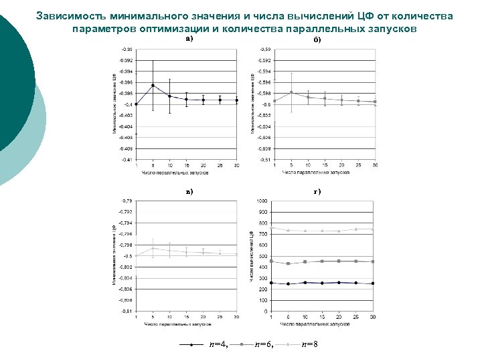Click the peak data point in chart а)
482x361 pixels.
click(153, 85)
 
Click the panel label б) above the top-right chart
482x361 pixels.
click(317, 40)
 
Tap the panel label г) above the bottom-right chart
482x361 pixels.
click(317, 191)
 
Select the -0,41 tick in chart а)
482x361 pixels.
click(126, 159)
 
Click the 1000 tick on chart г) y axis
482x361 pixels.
click(262, 201)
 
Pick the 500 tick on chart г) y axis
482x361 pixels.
click(263, 256)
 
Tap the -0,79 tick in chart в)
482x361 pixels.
click(126, 201)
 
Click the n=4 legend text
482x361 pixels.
click(218, 344)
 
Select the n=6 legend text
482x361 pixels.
click(264, 344)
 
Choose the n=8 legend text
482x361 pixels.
click(309, 344)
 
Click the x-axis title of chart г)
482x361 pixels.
click(315, 324)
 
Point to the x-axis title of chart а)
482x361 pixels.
click(175, 172)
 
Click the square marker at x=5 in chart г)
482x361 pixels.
click(289, 263)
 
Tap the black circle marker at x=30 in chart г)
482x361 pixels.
click(374, 283)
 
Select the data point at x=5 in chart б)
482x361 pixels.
click(291, 92)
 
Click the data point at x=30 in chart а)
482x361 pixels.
click(237, 100)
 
